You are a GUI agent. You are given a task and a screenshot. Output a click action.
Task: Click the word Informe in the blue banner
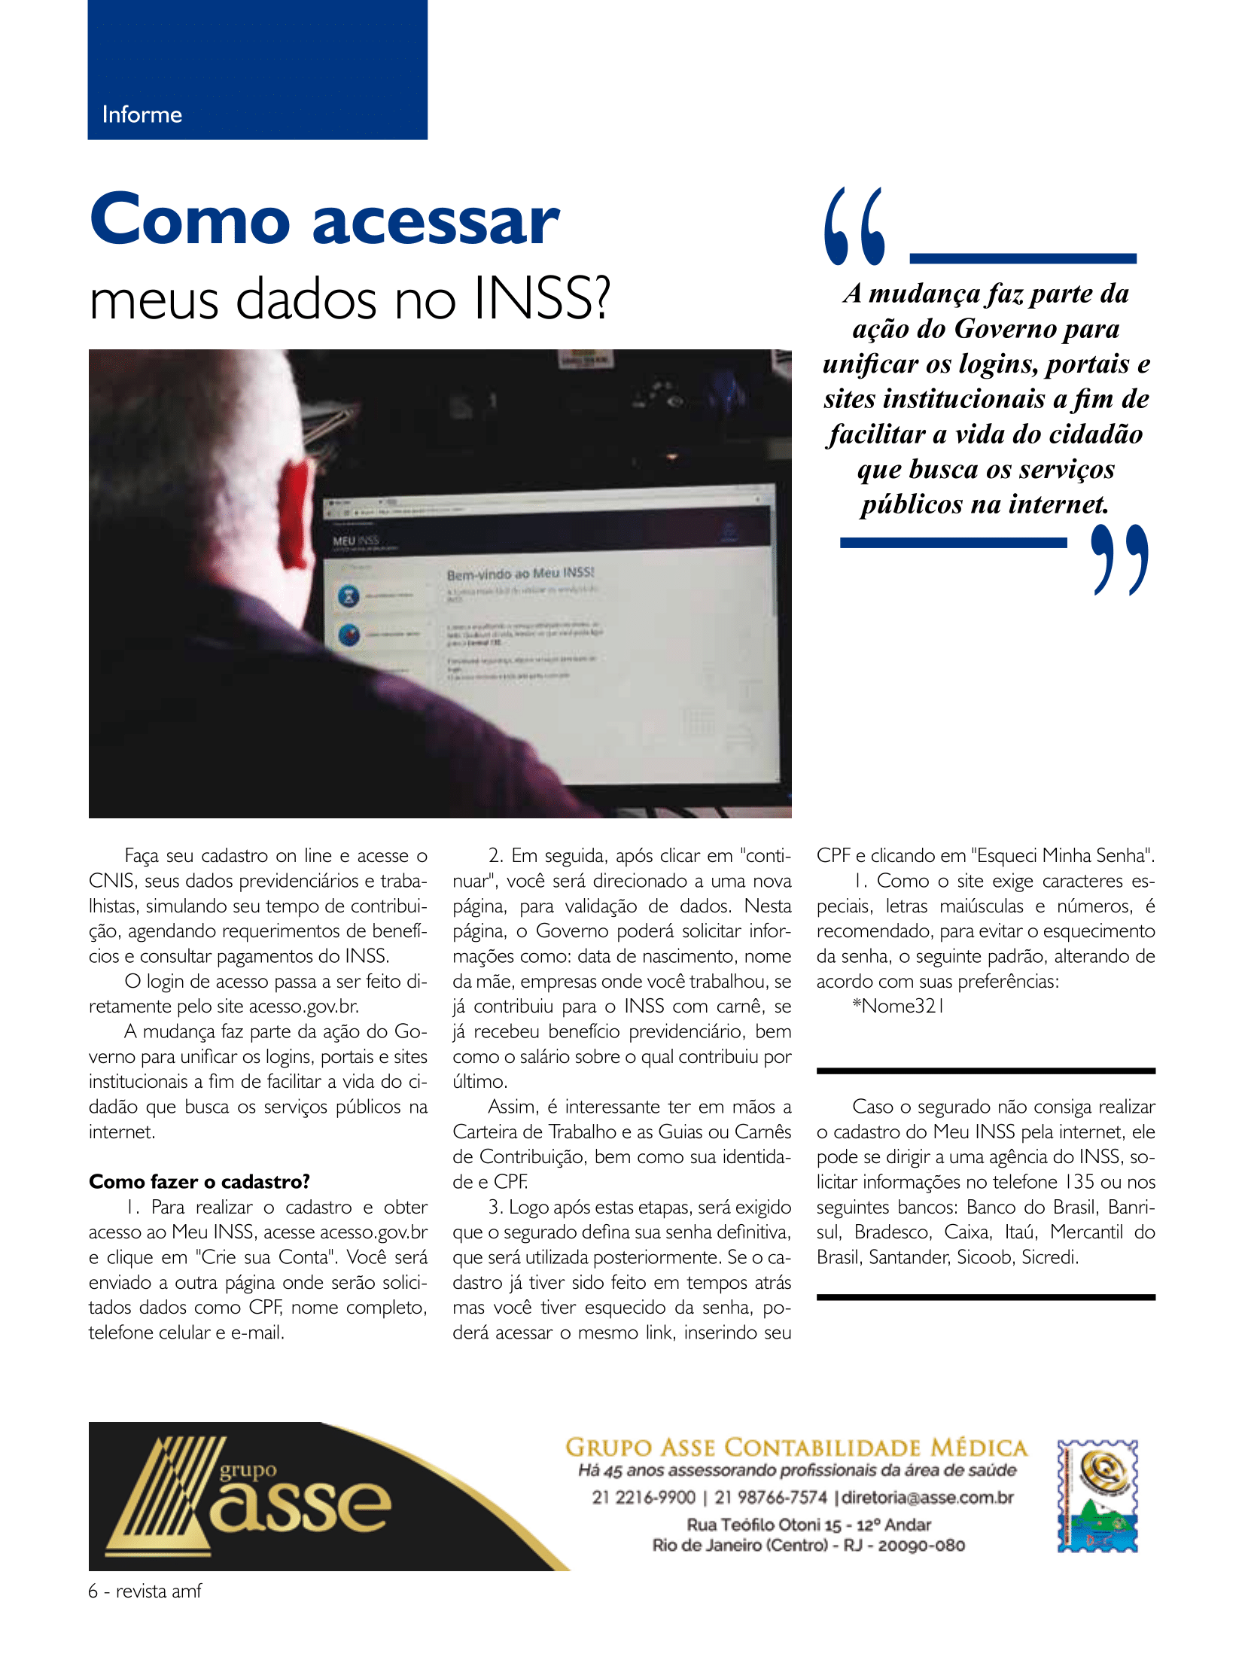[142, 114]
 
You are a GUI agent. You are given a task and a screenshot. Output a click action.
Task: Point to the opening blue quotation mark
[854, 226]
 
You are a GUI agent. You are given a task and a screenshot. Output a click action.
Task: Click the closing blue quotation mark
[1119, 559]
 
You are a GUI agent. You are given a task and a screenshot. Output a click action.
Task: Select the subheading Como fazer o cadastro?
[199, 1181]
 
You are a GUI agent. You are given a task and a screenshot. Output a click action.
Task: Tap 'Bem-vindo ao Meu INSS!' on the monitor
[520, 574]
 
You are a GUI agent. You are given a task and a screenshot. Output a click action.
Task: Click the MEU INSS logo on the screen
[356, 541]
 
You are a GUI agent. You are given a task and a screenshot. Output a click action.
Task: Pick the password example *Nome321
[898, 1006]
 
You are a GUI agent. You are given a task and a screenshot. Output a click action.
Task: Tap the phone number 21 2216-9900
[644, 1497]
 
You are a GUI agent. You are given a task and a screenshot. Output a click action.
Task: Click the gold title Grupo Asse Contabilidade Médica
[796, 1448]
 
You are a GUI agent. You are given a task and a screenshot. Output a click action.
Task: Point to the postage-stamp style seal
[1097, 1496]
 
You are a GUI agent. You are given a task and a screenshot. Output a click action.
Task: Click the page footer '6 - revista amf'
[145, 1591]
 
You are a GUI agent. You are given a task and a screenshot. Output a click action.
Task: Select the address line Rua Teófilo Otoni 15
[808, 1524]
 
